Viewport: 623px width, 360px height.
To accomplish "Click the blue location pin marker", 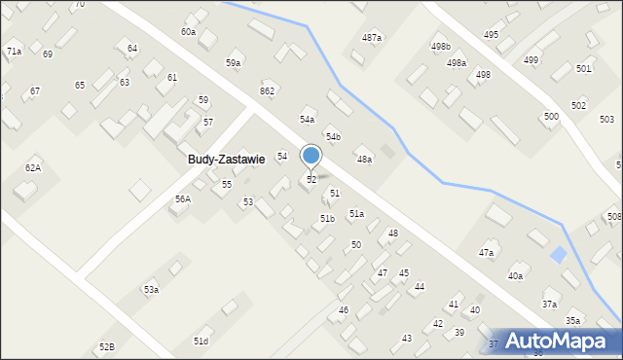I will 311,156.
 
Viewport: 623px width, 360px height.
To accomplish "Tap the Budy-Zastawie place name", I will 227,160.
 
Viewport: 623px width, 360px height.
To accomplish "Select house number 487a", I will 371,37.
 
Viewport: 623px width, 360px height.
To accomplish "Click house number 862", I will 267,90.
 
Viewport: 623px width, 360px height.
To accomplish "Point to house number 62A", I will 33,168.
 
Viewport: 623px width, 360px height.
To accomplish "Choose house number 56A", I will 182,198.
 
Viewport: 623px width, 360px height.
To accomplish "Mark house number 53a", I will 151,290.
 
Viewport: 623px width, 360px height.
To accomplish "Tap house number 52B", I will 106,346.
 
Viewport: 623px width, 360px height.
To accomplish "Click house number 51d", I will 201,341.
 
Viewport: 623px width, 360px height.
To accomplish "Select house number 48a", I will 363,159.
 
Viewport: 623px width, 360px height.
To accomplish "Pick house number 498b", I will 441,46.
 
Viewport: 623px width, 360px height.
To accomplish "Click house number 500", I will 551,116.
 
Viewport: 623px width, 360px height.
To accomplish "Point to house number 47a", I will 485,252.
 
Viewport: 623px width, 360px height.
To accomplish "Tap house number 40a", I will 515,276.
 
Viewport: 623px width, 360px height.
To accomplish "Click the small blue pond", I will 558,255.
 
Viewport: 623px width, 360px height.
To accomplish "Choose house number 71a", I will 14,50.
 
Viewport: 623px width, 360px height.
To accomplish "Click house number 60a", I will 188,32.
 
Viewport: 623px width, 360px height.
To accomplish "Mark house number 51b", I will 328,219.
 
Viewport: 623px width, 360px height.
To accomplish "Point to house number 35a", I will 573,320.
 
